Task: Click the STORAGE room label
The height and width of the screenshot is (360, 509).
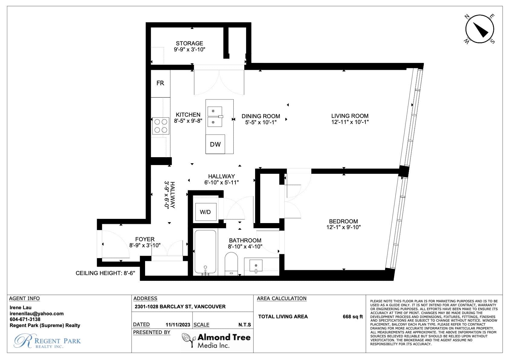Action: (x=189, y=43)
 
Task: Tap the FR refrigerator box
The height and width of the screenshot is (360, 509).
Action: (x=160, y=84)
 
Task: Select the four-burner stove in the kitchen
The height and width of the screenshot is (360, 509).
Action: (x=161, y=126)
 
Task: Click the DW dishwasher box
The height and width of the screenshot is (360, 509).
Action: (x=215, y=144)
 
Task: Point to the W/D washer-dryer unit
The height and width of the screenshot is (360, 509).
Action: (x=206, y=212)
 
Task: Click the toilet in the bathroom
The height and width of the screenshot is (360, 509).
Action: (x=231, y=264)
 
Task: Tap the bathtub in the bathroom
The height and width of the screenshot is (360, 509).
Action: (x=206, y=252)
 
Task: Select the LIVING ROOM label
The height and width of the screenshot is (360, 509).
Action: (x=350, y=116)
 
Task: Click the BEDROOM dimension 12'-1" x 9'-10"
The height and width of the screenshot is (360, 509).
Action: (x=343, y=227)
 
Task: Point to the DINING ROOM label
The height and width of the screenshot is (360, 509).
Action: (x=261, y=116)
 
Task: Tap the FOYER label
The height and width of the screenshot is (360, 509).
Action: (x=145, y=239)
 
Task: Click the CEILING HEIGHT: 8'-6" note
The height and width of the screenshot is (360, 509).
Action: (x=105, y=273)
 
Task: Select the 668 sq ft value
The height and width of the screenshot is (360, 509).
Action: (x=353, y=316)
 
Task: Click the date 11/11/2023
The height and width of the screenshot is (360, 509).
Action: (x=178, y=325)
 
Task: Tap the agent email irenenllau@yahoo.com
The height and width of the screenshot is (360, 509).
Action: (x=36, y=314)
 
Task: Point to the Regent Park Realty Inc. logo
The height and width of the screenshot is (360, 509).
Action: (x=47, y=341)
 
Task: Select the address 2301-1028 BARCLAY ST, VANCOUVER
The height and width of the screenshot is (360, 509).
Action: (x=180, y=306)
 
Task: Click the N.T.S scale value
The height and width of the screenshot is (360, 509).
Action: (x=245, y=325)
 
